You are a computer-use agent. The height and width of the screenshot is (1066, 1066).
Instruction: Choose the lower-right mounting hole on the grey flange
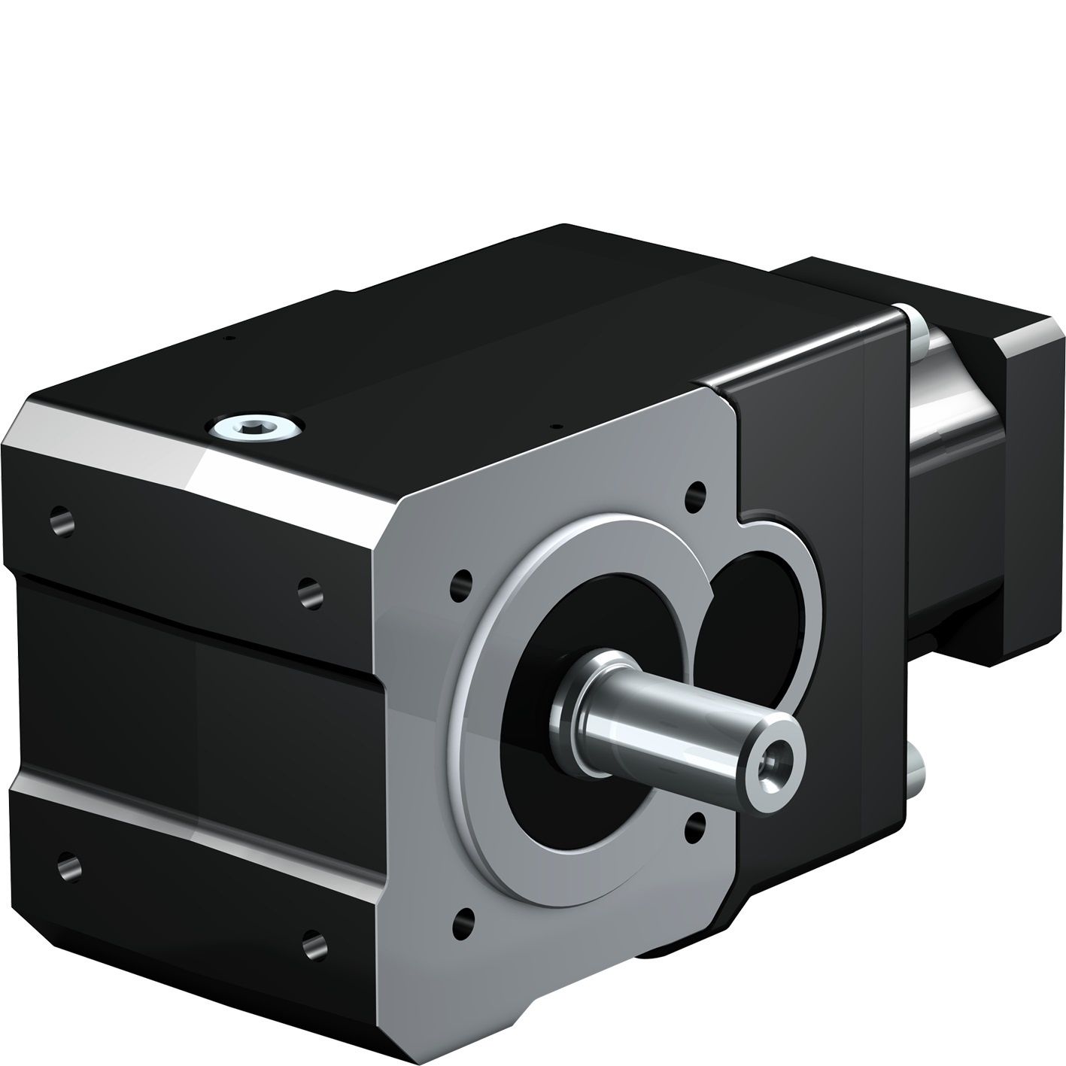(x=697, y=825)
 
